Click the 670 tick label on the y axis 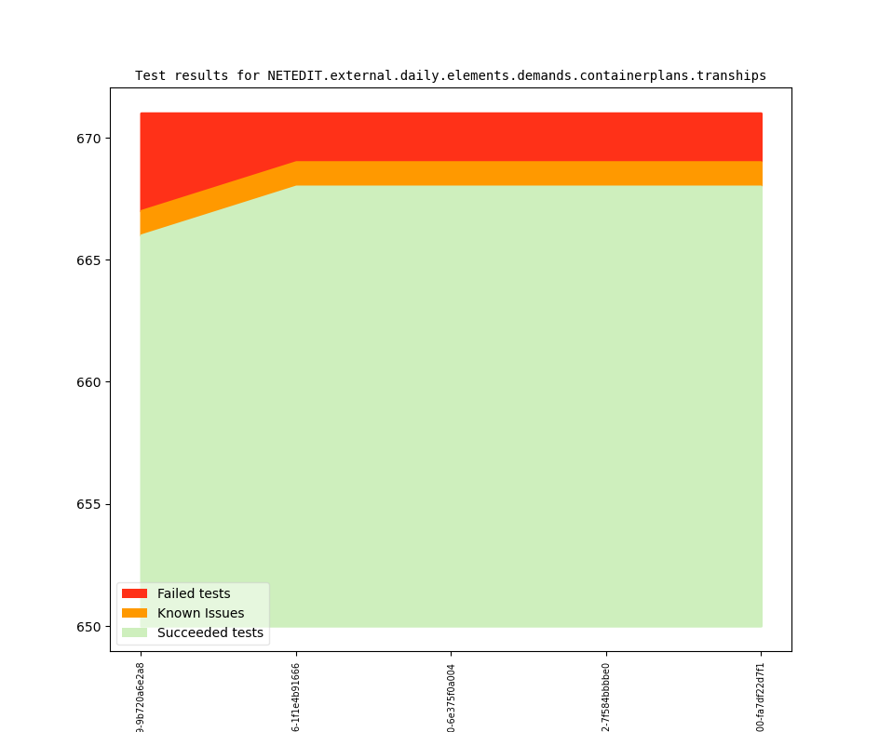90,139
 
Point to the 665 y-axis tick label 90,260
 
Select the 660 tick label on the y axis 90,382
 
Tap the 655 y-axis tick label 90,505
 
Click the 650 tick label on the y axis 90,627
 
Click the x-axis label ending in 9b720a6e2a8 141,697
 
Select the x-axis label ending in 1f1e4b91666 296,697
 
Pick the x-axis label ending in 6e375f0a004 452,697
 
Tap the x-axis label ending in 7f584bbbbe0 606,697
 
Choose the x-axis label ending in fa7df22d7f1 761,697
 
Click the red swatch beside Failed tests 134,593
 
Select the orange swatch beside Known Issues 134,613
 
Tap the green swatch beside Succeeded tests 134,632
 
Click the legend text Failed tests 194,593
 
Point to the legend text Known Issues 200,613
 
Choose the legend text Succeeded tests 210,632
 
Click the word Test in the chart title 150,76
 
